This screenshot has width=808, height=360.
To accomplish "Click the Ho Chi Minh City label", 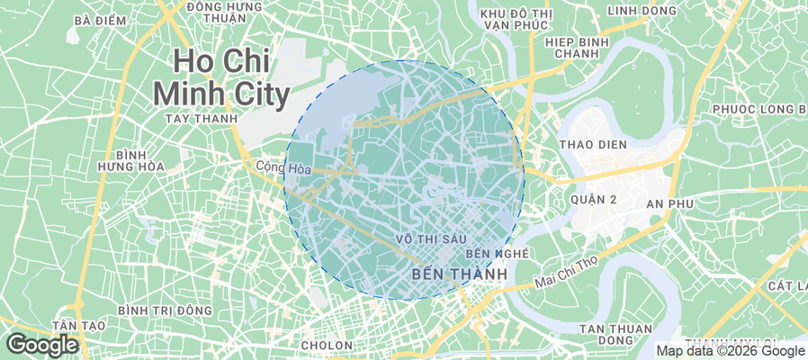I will coord(220,77).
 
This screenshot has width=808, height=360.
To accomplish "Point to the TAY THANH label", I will coord(201,118).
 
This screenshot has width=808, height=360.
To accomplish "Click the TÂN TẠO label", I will coord(80,325).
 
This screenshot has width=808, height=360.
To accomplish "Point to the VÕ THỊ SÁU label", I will coord(431,239).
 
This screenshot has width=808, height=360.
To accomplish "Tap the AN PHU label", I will coord(670,204).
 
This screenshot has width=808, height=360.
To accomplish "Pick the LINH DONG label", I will coord(642,10).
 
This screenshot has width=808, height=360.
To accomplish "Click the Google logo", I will coord(42,344).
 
